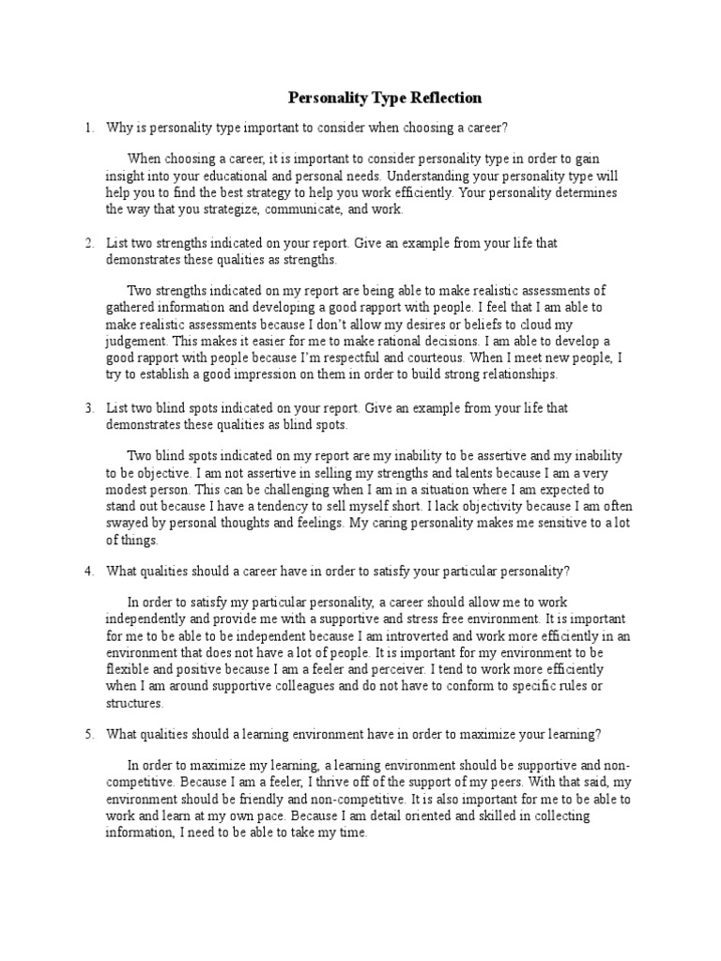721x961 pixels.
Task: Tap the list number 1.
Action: tap(88, 127)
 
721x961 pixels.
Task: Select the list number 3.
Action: tap(88, 408)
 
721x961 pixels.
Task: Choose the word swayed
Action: tap(126, 524)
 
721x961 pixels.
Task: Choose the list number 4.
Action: tap(88, 572)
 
